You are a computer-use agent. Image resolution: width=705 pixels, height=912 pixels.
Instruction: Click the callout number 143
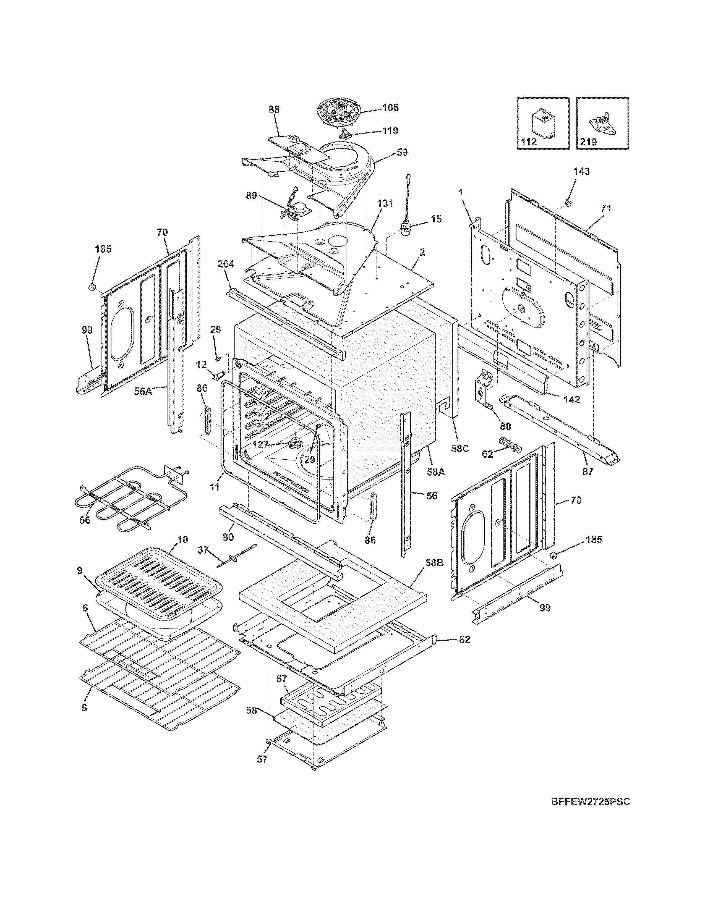[x=581, y=171]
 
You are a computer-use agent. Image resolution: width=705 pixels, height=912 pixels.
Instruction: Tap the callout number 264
[x=226, y=264]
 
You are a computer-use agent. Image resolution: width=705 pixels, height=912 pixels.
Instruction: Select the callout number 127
[x=261, y=445]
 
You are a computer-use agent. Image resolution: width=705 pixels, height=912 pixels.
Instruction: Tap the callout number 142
[x=571, y=400]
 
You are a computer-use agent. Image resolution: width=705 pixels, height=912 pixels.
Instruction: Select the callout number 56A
[x=143, y=391]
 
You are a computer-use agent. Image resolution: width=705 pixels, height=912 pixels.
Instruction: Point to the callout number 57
[x=262, y=759]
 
